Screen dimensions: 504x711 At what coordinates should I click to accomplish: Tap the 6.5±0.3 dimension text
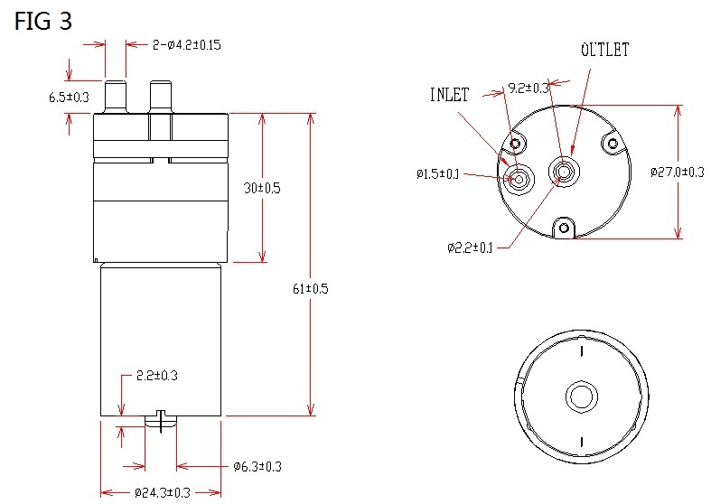69,98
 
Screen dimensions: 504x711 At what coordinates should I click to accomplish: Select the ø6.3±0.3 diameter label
257,466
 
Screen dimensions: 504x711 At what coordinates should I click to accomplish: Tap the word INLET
449,95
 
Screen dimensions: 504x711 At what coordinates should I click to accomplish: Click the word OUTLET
604,50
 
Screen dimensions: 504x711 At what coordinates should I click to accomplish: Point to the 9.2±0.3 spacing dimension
529,88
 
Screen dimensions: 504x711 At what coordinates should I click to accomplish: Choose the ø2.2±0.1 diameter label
469,247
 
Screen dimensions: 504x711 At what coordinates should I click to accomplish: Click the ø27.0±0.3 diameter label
678,172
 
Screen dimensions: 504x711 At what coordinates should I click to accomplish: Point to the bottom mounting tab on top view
565,228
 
